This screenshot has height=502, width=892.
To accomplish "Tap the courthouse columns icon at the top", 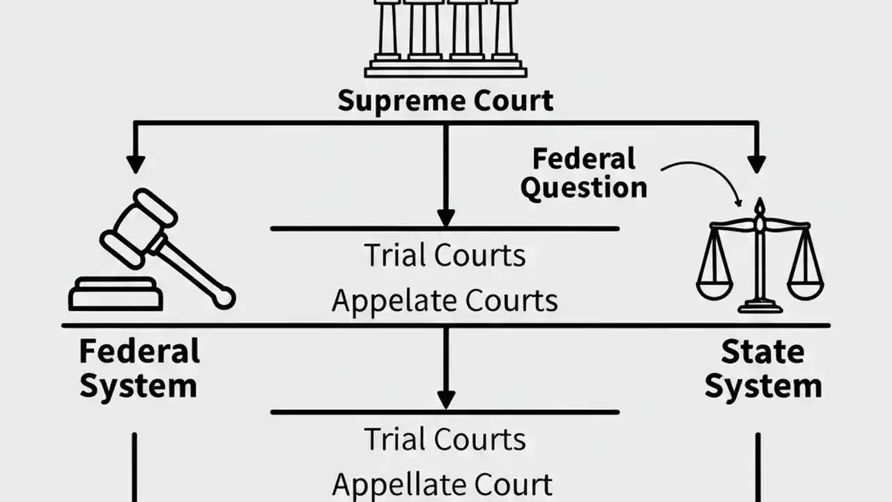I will [x=446, y=35].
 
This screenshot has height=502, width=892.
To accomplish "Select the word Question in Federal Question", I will [x=584, y=188].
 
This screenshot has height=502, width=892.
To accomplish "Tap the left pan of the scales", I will [x=714, y=286].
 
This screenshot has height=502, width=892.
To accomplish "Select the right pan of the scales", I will [x=806, y=286].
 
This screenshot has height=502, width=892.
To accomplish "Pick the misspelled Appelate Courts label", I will [x=445, y=301].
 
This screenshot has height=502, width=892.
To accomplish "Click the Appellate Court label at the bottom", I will [x=443, y=484].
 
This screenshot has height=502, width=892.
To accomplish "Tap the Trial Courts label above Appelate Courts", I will [x=445, y=256].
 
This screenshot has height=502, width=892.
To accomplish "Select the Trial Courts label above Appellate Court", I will [x=445, y=439].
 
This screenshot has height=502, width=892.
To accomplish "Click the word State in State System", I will [x=762, y=352].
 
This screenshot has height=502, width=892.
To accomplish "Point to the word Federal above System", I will [x=139, y=351].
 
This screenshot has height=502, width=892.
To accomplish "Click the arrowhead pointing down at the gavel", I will [x=135, y=165].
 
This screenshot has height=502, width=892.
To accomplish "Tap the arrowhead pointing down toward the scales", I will [x=757, y=165].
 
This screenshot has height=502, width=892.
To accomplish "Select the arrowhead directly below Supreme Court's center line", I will [x=446, y=218].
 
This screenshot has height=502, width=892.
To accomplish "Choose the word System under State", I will [x=763, y=386].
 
